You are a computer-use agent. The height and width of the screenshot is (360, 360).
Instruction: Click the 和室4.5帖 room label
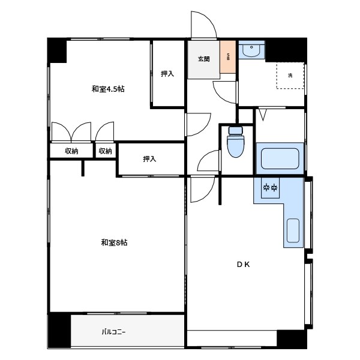pyautogui.click(x=108, y=89)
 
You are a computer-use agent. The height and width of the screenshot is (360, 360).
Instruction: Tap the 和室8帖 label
pyautogui.click(x=114, y=242)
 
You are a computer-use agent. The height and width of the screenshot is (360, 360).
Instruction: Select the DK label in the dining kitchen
pyautogui.click(x=244, y=265)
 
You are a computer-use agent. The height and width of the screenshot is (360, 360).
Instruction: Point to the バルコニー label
pyautogui.click(x=113, y=332)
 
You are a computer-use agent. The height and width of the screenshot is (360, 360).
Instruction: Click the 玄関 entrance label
pyautogui.click(x=203, y=59)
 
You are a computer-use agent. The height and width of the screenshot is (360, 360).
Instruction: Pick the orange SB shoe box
pyautogui.click(x=228, y=57)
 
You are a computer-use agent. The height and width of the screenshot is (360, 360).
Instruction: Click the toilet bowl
pyautogui.click(x=236, y=142)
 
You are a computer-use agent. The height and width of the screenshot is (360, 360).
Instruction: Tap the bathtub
pyautogui.click(x=280, y=158)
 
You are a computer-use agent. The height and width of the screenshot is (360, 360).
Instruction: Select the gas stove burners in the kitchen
pyautogui.click(x=270, y=188)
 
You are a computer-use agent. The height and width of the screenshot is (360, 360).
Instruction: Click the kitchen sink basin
pyautogui.click(x=293, y=230)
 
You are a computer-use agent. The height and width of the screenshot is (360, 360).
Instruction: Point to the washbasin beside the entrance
pyautogui.click(x=251, y=49)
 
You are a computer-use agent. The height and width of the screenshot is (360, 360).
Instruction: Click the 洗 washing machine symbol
pyautogui.click(x=290, y=76)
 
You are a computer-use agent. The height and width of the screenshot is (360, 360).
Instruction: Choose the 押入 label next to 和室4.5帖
pyautogui.click(x=167, y=74)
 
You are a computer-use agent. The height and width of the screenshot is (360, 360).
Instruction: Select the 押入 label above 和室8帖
pyautogui.click(x=149, y=158)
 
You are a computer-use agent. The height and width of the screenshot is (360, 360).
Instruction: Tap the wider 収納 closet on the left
pyautogui.click(x=71, y=151)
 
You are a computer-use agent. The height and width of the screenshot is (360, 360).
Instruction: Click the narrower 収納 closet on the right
pyautogui.click(x=106, y=151)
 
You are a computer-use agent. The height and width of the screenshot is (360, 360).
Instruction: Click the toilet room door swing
pyautogui.click(x=205, y=156)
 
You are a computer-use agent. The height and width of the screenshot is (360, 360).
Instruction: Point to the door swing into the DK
pyautogui.click(x=208, y=194)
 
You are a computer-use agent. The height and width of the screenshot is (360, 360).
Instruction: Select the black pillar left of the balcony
pyautogui.click(x=59, y=330)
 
